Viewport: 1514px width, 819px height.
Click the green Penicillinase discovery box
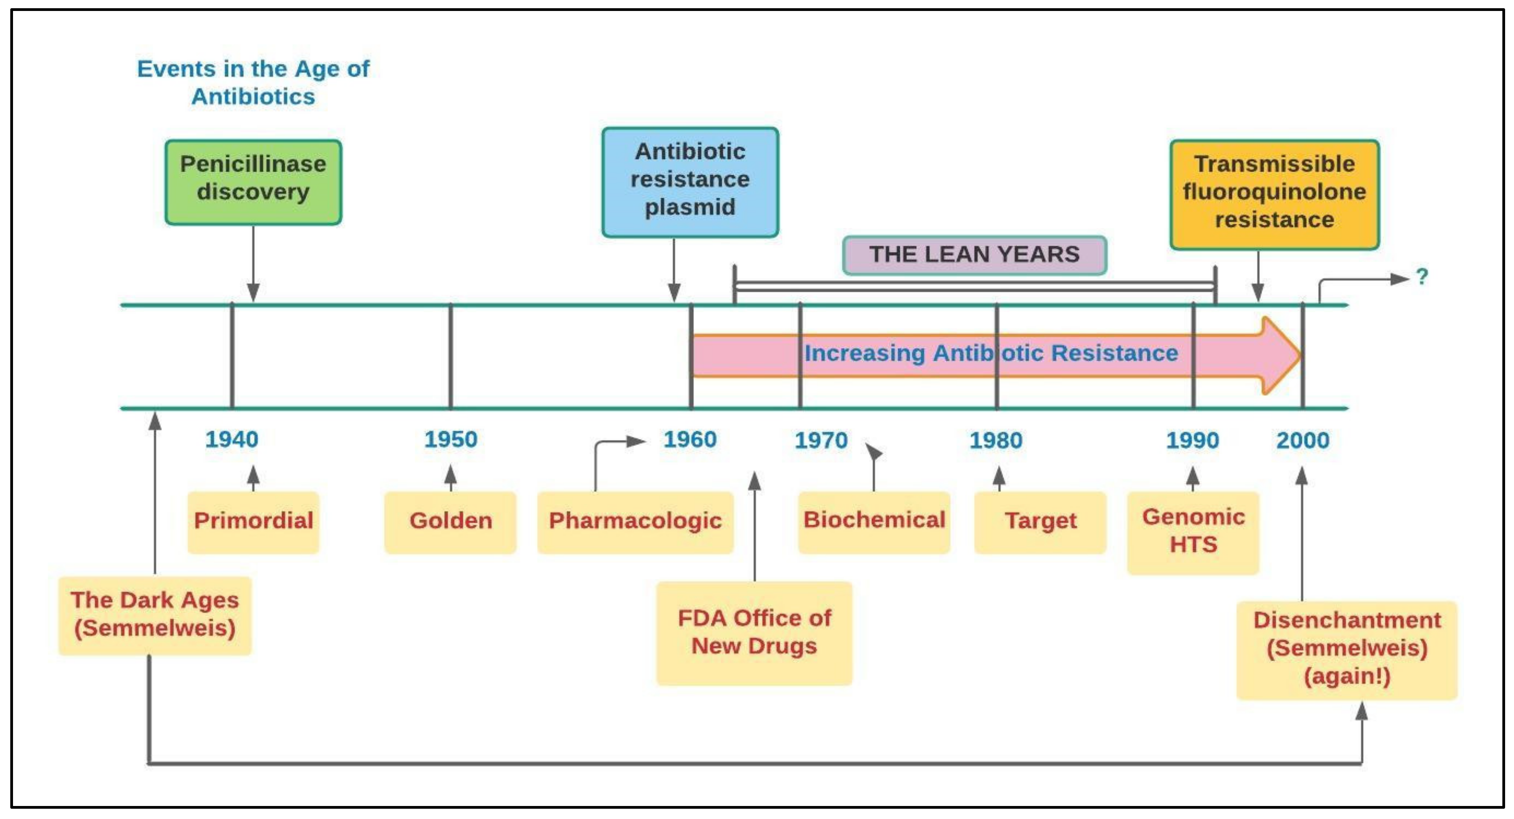253,182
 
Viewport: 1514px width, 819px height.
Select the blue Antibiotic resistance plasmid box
690,182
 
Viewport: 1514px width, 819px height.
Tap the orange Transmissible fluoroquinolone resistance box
1274,194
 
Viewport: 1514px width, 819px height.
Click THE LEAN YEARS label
974,255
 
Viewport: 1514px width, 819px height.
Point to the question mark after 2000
1422,276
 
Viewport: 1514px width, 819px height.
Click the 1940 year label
231,440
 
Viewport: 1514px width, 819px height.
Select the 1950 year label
451,440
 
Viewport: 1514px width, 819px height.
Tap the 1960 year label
690,440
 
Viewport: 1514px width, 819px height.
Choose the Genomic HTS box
1193,532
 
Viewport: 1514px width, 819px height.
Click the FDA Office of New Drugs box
754,633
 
